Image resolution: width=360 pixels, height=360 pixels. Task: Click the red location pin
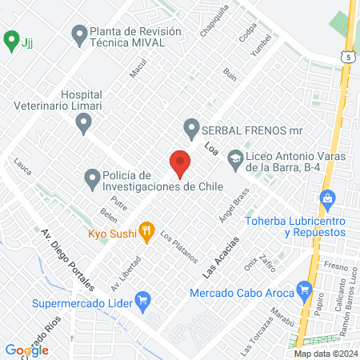[x=180, y=163]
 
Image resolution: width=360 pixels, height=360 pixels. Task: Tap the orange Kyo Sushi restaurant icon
[x=146, y=232]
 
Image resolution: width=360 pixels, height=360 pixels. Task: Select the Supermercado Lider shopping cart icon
[x=143, y=302]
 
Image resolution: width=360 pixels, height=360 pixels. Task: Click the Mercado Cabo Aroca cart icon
[x=303, y=290]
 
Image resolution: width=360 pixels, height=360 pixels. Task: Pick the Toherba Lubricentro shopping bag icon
[x=326, y=198]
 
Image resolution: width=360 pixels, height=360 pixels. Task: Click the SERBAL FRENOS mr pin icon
[x=191, y=127]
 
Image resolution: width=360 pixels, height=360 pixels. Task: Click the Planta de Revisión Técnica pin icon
[x=79, y=34]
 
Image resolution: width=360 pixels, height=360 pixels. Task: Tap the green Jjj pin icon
[x=11, y=38]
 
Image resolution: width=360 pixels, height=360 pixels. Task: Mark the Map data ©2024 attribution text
[x=326, y=354]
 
